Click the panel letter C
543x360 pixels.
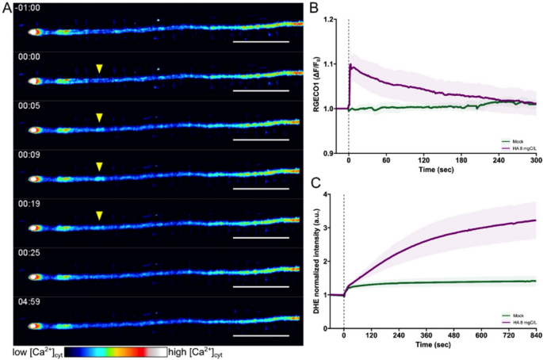coord(313,183)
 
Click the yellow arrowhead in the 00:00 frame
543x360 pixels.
coord(99,69)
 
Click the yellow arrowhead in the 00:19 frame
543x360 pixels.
coord(99,216)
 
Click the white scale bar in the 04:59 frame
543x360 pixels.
coord(262,334)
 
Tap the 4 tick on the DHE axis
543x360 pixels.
coord(336,194)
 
